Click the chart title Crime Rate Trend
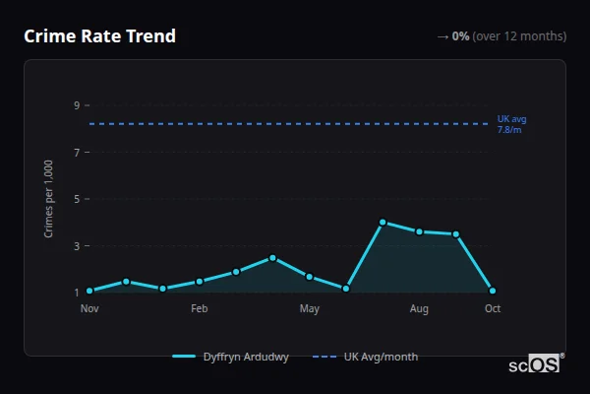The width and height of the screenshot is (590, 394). pos(99,36)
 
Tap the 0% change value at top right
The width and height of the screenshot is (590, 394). pos(460,36)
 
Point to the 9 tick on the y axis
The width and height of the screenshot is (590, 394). pos(76,105)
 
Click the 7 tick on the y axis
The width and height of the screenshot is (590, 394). pos(76,152)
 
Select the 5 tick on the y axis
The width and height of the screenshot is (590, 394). pos(76,199)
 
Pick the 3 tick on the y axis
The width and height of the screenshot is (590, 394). pos(76,245)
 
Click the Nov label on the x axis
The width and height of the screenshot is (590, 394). pos(89,309)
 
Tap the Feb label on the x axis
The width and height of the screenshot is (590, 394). pos(200,309)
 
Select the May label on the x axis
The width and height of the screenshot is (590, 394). pos(310,309)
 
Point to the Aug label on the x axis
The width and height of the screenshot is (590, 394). pos(419,309)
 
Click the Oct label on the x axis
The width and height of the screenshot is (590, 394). pos(493,309)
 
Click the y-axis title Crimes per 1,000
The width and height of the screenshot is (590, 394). pos(49,198)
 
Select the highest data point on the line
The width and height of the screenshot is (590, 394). pos(383,223)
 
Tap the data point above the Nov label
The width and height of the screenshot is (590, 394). pos(89,291)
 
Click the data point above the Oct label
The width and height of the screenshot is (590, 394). pos(493,291)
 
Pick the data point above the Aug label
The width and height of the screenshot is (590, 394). pos(419,231)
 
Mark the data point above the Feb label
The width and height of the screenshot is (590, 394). pos(200,282)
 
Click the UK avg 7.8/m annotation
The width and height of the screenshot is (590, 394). pos(511,124)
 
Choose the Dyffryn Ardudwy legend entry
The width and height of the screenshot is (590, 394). pos(230,357)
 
